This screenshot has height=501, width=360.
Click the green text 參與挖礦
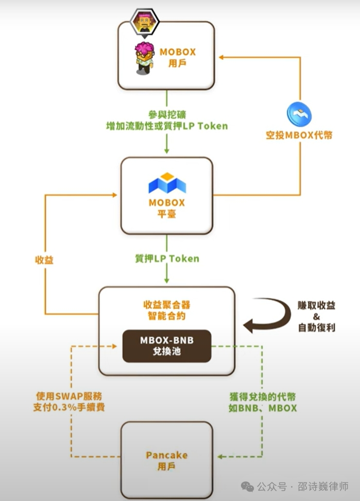166,115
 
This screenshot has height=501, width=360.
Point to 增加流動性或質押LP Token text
166,126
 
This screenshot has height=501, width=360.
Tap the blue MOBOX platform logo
167,183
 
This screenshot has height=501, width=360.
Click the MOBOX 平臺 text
167,208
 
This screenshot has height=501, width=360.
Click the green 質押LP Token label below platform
166,258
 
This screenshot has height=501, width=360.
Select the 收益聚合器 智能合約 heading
166,310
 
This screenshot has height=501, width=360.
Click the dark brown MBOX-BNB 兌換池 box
166,346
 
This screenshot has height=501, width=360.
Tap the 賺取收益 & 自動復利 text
317,316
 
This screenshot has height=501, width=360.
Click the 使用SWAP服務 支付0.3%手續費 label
69,402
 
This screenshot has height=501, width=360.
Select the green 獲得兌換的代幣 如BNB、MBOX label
263,402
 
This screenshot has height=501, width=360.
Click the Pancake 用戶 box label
166,460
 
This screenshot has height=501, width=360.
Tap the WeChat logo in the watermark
248,487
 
